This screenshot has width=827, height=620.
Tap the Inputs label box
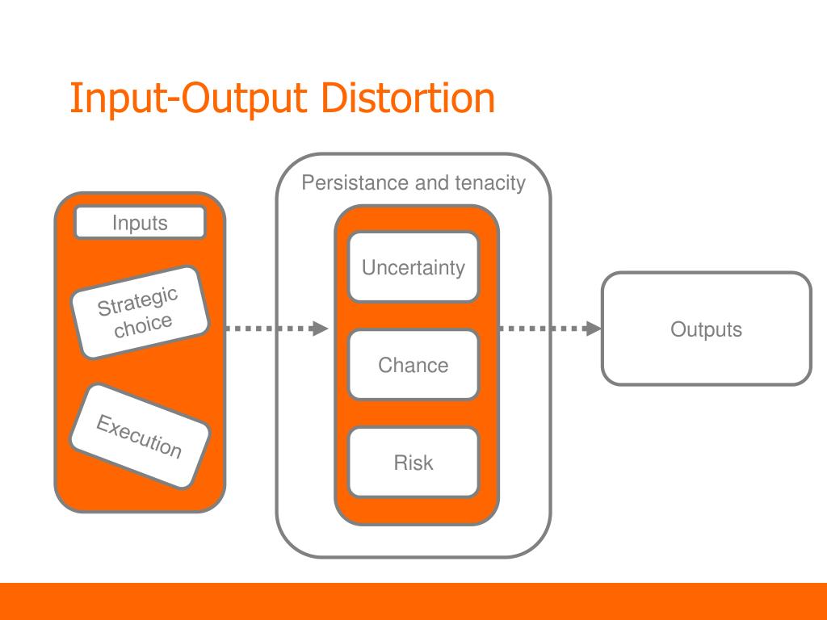coord(140,223)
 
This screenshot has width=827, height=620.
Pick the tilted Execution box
coord(139,436)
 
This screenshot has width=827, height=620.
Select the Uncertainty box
coord(413,267)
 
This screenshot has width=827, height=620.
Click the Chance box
coord(413,365)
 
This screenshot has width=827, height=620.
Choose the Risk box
coord(413,463)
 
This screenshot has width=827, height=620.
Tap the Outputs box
coord(706,329)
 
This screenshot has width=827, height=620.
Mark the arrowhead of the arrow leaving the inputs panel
coord(320,329)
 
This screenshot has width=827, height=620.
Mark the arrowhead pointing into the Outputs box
coord(594,329)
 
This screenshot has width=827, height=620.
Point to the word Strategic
coord(136,301)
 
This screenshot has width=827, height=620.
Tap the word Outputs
coord(706,329)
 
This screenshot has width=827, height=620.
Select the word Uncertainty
coord(413,268)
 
